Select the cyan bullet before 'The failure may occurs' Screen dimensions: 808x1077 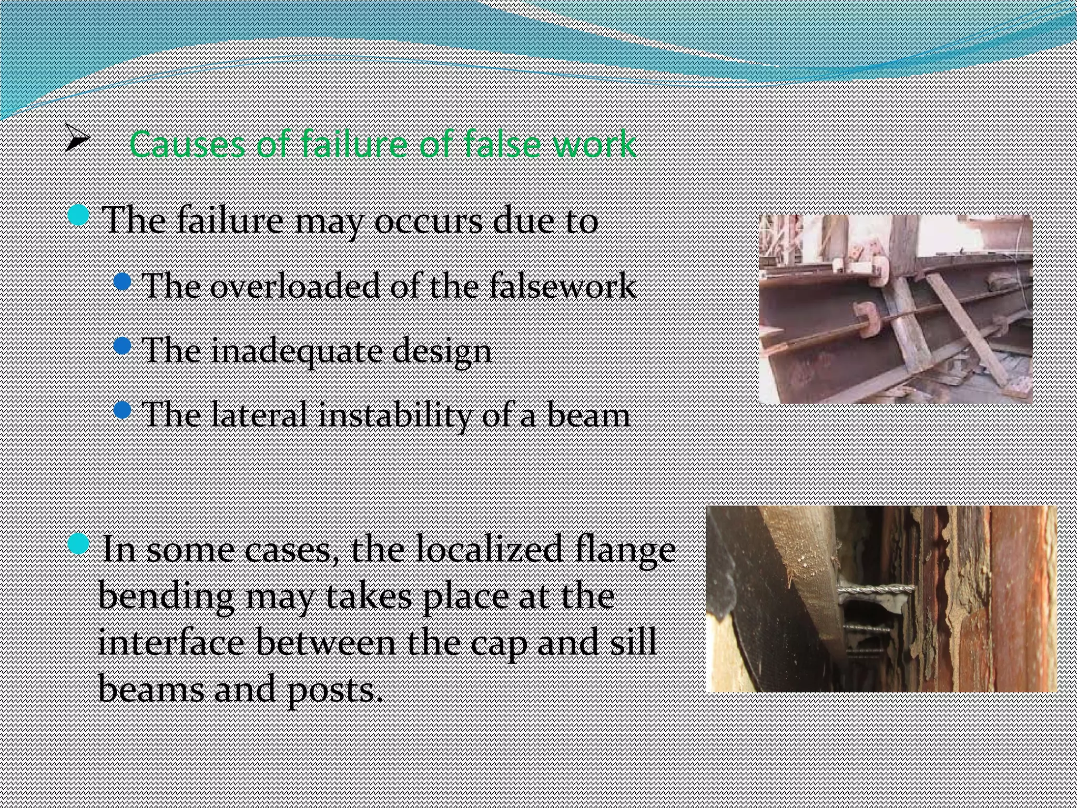click(x=79, y=216)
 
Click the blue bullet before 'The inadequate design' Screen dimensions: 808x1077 click(x=121, y=346)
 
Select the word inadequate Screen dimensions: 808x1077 click(x=296, y=351)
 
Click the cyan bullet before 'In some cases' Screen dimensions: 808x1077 click(x=79, y=543)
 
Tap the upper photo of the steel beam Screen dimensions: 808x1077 click(x=895, y=309)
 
